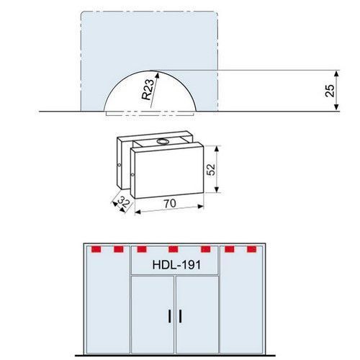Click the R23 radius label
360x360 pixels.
148,89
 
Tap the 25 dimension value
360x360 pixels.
330,91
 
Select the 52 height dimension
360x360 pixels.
211,169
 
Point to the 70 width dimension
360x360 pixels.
170,204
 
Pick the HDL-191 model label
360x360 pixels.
176,265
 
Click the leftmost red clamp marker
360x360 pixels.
96,249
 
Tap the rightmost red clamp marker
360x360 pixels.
251,249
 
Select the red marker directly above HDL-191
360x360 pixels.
174,249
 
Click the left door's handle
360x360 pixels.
170,316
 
